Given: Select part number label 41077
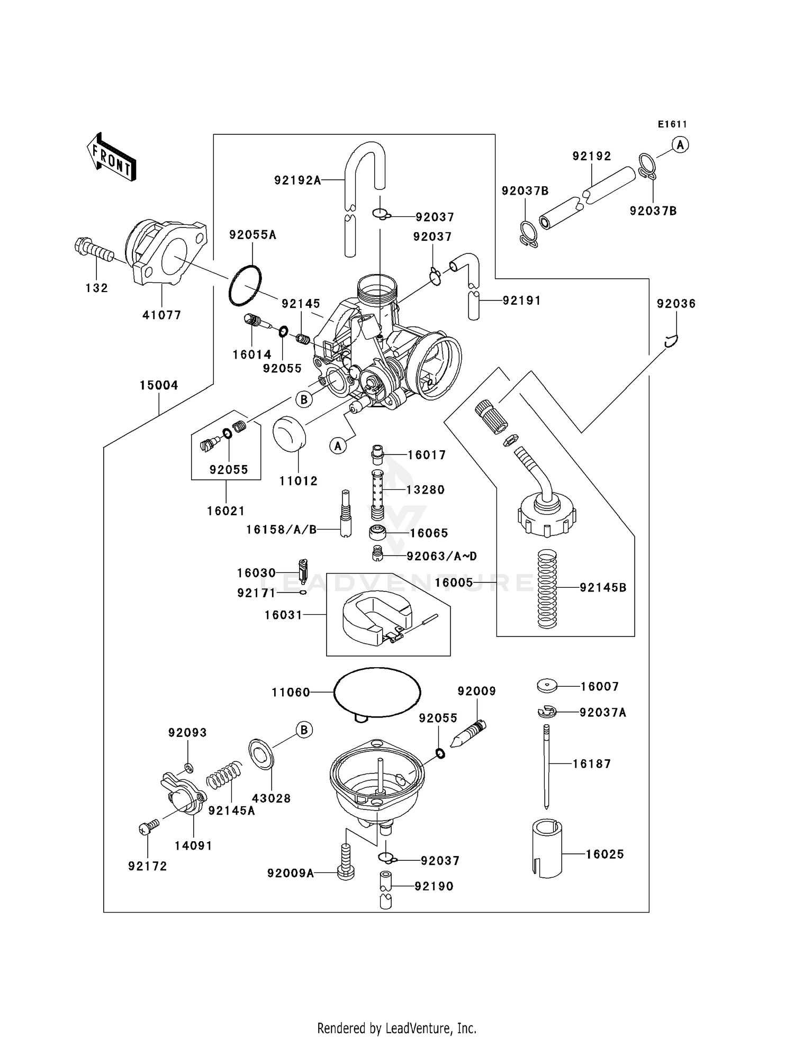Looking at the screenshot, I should pyautogui.click(x=161, y=315).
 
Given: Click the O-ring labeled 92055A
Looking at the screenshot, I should pyautogui.click(x=245, y=286).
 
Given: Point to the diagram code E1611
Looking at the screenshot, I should pyautogui.click(x=672, y=124).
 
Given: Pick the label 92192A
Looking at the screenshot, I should pyautogui.click(x=297, y=180).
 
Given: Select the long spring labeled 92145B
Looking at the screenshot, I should pyautogui.click(x=547, y=588).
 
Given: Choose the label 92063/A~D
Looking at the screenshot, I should pyautogui.click(x=441, y=556).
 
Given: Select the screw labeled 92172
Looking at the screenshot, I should pyautogui.click(x=148, y=827).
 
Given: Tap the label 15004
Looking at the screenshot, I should pyautogui.click(x=159, y=386).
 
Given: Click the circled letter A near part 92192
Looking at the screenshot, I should pyautogui.click(x=680, y=144).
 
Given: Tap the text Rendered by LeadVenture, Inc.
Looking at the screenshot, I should pyautogui.click(x=396, y=1028).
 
